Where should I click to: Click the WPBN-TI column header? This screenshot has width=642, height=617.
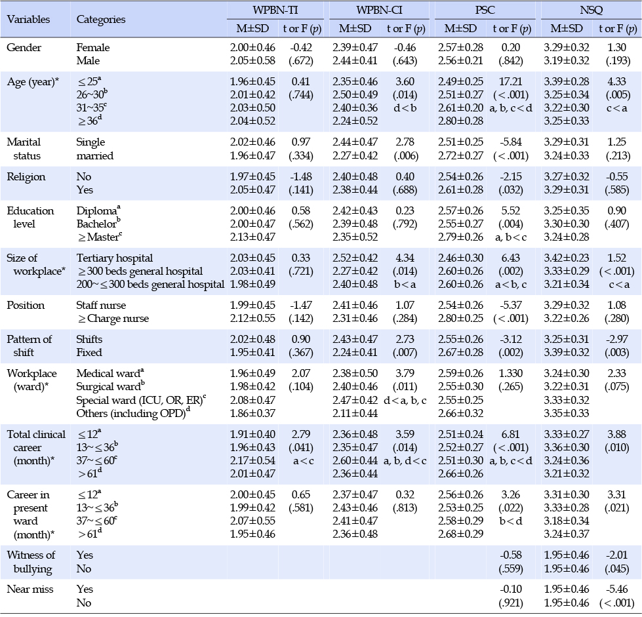click(x=275, y=10)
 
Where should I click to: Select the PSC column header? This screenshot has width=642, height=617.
click(x=485, y=10)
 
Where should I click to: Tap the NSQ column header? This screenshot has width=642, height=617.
click(x=592, y=10)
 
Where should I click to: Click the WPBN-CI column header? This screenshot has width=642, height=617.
click(x=379, y=10)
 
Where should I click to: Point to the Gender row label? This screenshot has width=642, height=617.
click(x=24, y=47)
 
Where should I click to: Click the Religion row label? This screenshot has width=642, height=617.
click(x=26, y=177)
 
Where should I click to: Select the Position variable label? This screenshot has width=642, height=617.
click(x=26, y=306)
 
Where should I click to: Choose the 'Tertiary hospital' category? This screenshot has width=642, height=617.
click(x=114, y=258)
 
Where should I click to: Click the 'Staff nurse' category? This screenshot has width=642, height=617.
click(x=101, y=306)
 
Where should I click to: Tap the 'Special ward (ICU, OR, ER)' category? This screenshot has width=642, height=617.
click(x=141, y=400)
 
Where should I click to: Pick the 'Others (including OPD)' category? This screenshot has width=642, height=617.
click(x=133, y=413)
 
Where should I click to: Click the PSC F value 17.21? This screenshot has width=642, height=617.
click(x=511, y=81)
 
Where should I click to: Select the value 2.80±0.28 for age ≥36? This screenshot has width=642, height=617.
click(x=460, y=121)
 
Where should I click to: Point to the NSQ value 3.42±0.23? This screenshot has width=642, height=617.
click(x=566, y=258)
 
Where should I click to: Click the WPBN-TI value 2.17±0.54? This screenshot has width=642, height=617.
click(x=252, y=460)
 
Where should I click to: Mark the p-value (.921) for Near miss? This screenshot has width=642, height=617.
click(x=511, y=603)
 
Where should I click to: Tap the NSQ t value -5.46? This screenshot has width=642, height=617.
click(x=616, y=589)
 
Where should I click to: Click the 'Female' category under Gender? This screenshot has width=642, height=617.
click(x=93, y=47)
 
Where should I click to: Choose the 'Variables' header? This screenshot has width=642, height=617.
click(x=28, y=19)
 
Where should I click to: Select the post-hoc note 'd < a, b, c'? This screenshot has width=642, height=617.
click(x=405, y=400)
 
